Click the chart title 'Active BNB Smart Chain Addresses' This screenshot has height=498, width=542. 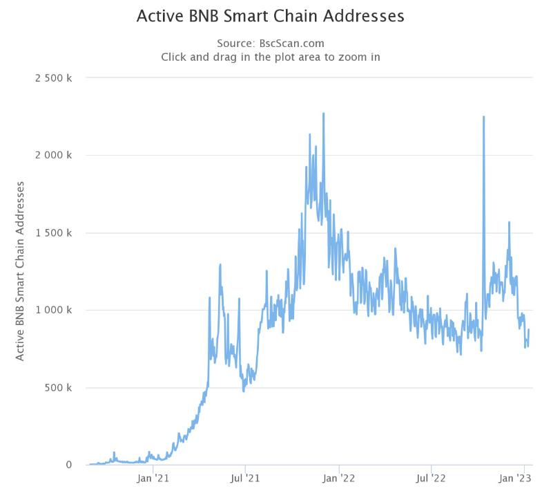[271, 16]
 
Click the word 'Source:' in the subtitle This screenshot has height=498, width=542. [236, 43]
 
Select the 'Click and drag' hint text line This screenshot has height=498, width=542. [271, 57]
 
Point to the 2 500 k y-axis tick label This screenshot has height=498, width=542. [54, 78]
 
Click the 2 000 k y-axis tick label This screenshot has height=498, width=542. [54, 156]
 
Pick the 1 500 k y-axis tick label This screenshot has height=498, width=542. [54, 233]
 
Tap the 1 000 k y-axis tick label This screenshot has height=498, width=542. [54, 311]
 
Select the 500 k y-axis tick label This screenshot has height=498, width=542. [58, 388]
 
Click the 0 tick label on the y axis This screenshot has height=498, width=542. [69, 465]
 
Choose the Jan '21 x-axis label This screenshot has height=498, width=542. [153, 478]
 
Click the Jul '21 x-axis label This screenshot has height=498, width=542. [244, 478]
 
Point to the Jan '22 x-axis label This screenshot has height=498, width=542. [339, 478]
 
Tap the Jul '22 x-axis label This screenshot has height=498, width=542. [431, 478]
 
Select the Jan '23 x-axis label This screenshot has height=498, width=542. [515, 478]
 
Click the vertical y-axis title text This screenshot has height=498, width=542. [20, 271]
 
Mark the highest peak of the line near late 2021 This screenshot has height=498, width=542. [323, 113]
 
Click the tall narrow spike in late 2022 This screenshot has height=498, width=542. [483, 117]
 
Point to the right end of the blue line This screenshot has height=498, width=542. [529, 330]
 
